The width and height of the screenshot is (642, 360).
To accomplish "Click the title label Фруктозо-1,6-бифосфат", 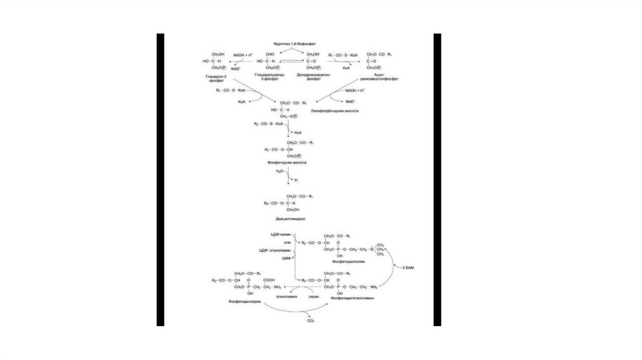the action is click(x=295, y=45).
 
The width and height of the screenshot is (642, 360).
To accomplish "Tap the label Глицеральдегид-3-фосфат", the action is click(x=270, y=76).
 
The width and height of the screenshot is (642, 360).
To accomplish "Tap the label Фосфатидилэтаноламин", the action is click(x=352, y=299).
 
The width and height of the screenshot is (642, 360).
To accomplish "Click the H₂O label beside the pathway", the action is click(x=280, y=171).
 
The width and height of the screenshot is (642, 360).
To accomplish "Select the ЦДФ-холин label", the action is click(x=280, y=233).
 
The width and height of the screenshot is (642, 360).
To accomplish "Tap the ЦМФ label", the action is click(x=285, y=257).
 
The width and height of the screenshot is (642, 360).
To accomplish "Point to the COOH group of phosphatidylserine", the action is click(x=269, y=280).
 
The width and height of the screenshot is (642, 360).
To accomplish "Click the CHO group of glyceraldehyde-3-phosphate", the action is click(x=270, y=55).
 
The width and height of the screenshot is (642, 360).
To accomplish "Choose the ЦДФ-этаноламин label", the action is click(x=276, y=250).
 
